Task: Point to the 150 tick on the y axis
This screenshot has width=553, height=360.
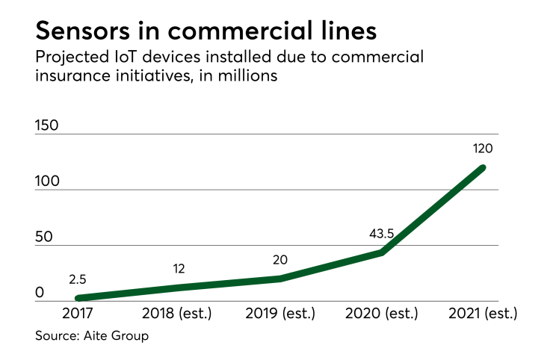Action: coord(47,125)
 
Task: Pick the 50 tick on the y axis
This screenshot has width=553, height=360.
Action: coord(43,238)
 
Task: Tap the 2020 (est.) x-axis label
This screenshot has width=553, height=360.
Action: coord(381,313)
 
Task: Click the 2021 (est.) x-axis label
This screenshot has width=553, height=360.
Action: coord(482,313)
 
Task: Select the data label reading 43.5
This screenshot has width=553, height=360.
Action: coord(381,234)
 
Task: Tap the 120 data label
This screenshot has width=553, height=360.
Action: coord(482,149)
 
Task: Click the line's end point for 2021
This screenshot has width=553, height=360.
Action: coord(482,167)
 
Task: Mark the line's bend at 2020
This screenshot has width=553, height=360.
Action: coord(381,252)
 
